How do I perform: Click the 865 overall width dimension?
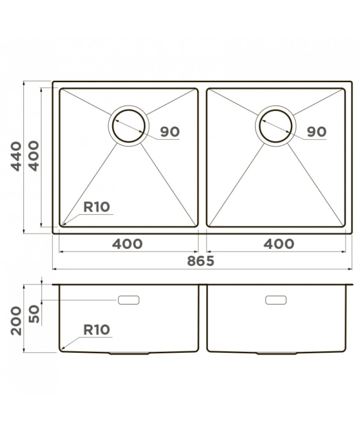point(200,261)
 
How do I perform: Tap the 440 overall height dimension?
point(16,156)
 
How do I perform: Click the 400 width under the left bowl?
point(127,244)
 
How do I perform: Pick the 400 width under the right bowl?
point(279,244)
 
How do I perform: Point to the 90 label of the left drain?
point(170,132)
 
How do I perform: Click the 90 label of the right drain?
point(316,132)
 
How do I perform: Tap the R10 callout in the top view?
point(96,207)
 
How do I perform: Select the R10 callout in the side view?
point(96,330)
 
